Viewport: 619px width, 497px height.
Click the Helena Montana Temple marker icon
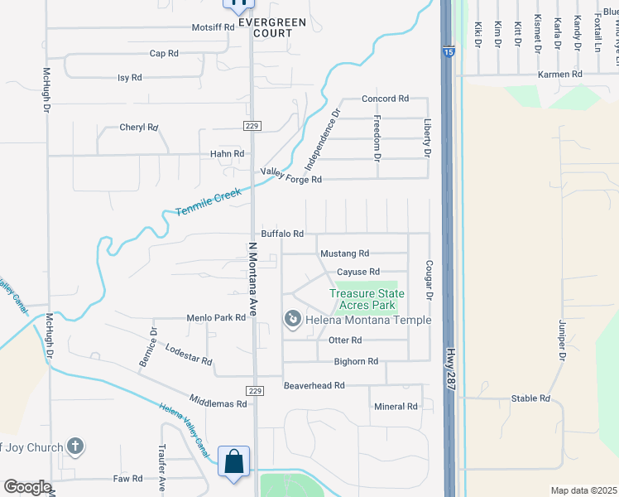[292, 319]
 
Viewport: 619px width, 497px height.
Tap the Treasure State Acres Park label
[367, 299]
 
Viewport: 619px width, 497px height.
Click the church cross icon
[74, 447]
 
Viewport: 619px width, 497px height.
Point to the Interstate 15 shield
[447, 52]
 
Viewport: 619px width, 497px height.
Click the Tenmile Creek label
[208, 202]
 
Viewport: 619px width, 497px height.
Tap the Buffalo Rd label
[282, 234]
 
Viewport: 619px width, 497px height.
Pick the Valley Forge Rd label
[290, 176]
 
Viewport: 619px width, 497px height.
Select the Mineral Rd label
[396, 407]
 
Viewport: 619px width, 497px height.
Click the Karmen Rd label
[560, 75]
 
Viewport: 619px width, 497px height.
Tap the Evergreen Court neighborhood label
[266, 27]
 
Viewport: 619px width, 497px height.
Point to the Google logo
[27, 487]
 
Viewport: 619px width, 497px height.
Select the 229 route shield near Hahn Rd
[252, 125]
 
